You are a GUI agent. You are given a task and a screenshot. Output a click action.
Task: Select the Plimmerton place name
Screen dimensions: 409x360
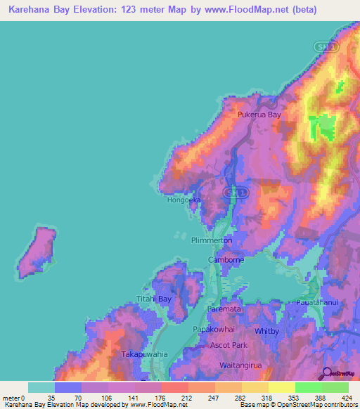coord(212,240)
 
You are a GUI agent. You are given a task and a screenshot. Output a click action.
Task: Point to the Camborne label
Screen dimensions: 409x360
coord(226,260)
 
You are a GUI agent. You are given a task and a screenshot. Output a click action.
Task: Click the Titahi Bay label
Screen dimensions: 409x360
coord(155,299)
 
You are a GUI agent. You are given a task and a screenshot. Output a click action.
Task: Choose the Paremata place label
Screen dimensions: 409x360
coord(225,309)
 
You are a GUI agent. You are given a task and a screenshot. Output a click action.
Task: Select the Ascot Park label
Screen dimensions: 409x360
coord(230,346)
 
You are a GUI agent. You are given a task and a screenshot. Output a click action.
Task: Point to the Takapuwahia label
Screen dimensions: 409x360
coord(146,355)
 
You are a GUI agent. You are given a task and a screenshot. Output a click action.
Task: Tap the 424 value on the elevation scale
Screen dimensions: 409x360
coord(349,398)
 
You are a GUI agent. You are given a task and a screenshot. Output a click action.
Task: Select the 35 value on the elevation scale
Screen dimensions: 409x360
coord(51,398)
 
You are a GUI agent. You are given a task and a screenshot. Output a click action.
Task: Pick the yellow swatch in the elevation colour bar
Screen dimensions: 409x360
coord(281,387)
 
